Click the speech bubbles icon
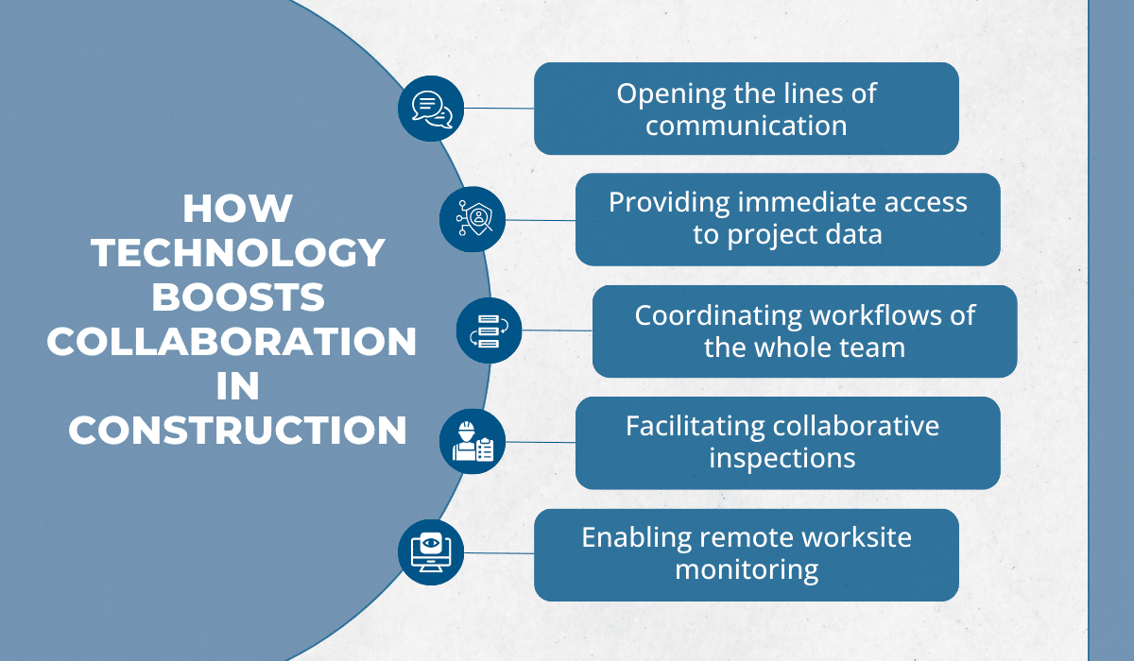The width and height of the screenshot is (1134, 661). (431, 109)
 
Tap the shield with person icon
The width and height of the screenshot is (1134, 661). (473, 219)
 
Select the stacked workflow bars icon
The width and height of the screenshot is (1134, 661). (489, 330)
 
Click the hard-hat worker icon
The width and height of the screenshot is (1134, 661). (472, 442)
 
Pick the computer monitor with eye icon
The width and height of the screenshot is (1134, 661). (431, 552)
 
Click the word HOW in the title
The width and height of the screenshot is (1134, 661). (237, 209)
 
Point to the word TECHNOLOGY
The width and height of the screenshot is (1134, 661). (238, 252)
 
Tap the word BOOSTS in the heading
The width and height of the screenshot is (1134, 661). (238, 297)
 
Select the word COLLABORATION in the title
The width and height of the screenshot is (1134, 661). (232, 342)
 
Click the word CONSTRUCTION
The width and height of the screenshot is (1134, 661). (237, 431)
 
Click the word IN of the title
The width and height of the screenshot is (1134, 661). (237, 386)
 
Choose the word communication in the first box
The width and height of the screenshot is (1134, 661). (747, 126)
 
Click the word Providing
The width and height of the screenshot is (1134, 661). (669, 203)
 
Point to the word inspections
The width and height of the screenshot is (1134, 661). (782, 459)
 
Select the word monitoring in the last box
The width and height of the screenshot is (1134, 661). (747, 570)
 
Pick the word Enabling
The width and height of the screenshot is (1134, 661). (636, 537)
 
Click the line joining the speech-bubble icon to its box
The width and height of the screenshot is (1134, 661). (499, 109)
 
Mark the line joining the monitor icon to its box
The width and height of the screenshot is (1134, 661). (499, 552)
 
